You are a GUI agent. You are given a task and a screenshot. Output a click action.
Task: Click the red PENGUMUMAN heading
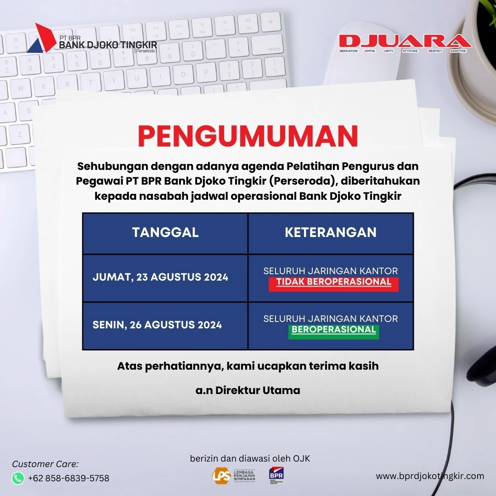click(248, 136)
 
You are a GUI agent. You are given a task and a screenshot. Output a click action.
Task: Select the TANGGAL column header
click(165, 232)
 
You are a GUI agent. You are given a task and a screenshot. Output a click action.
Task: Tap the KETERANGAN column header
click(331, 232)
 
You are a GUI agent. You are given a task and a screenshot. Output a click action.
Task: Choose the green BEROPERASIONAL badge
click(334, 332)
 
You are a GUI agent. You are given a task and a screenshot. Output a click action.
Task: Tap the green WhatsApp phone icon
click(18, 478)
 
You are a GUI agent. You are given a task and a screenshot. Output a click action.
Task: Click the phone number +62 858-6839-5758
click(68, 478)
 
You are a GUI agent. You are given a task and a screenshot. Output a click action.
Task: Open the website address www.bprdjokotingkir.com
click(430, 476)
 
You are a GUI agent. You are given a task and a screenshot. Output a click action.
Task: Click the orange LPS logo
click(221, 475)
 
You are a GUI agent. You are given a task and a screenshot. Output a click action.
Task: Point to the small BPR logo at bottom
click(276, 475)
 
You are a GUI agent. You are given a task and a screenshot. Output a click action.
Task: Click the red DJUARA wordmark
click(405, 41)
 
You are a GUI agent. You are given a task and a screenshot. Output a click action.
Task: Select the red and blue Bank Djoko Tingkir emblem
click(41, 38)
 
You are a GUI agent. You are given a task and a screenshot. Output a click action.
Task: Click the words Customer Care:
click(45, 464)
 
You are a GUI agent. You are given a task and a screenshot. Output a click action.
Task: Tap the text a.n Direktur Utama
click(248, 390)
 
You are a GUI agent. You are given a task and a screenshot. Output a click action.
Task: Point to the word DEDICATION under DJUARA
click(348, 51)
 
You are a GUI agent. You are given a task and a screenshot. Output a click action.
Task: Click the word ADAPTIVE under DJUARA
click(458, 51)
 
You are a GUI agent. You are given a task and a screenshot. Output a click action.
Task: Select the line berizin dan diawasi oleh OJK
click(250, 458)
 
